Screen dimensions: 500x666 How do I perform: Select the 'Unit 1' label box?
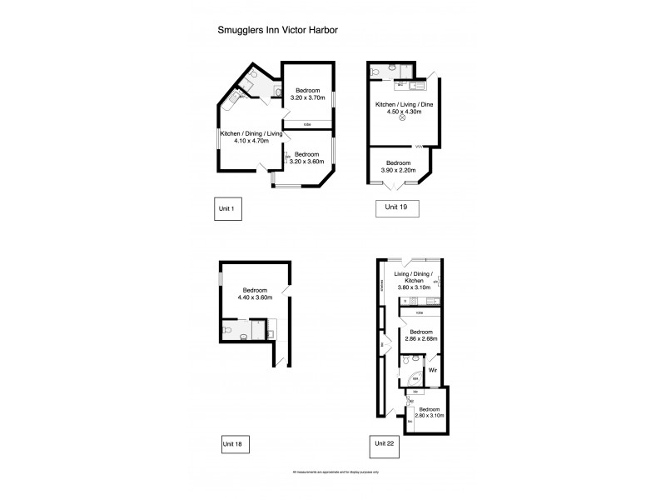(x=227, y=208)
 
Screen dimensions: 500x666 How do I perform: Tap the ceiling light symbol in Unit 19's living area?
(x=402, y=118)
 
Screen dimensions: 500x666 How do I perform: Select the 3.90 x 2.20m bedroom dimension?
(x=397, y=168)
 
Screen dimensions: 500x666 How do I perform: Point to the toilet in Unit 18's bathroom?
(x=241, y=337)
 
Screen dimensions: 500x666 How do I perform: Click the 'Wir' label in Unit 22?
(x=432, y=370)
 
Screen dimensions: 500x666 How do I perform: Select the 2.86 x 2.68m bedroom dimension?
(x=421, y=340)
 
